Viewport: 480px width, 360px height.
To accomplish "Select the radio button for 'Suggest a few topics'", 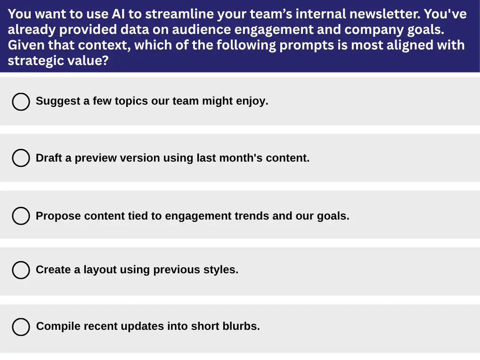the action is (21, 102).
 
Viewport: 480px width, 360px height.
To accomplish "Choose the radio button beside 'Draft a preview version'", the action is (21, 158).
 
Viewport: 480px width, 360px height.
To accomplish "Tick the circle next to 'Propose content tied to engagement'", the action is (21, 216).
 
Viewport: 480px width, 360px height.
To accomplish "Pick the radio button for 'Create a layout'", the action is (21, 270).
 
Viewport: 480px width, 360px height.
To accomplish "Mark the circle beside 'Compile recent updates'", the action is (21, 327).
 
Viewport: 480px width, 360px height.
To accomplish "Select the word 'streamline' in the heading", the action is (179, 14).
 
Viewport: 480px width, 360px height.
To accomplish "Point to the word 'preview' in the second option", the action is (96, 158).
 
